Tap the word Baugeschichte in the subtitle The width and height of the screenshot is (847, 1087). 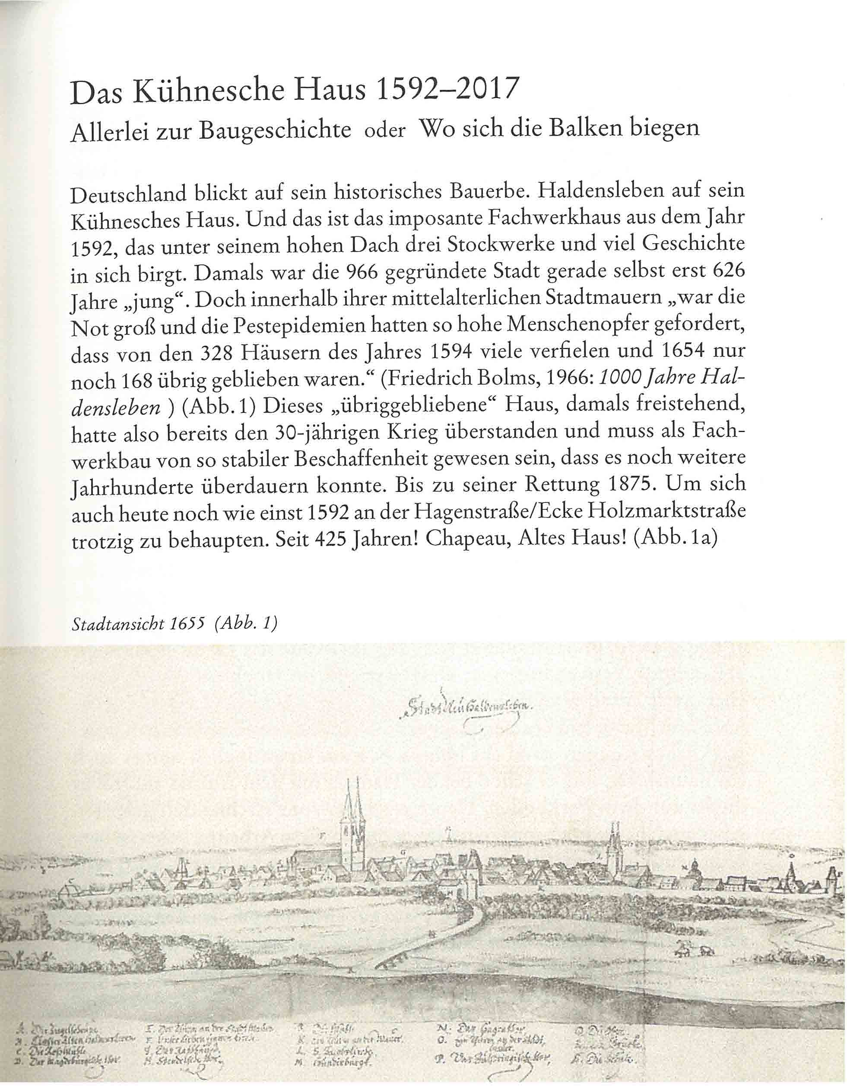[275, 130]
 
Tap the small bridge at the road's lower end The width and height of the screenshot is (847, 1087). [393, 963]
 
